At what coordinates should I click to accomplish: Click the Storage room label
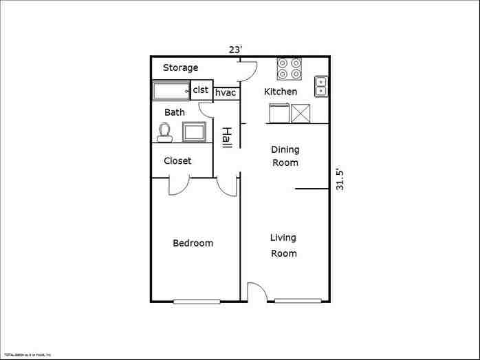point(180,67)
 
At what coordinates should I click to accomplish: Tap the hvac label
point(226,93)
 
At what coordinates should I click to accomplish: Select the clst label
point(201,90)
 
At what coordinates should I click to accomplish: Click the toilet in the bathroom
point(164,131)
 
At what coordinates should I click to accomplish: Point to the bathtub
point(171,91)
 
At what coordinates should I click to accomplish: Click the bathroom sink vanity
point(194,131)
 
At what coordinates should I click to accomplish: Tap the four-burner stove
point(290,68)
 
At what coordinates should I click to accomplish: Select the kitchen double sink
point(321,86)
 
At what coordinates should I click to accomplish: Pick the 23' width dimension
point(236,49)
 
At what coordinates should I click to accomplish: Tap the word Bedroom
point(193,243)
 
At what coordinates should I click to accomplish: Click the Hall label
point(226,136)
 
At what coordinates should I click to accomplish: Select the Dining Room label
point(285,156)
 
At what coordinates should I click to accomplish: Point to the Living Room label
point(283,246)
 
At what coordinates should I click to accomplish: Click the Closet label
point(177,161)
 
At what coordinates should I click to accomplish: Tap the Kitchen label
point(281,92)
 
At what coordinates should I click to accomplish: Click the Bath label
point(175,112)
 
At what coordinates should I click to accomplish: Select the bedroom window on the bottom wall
point(197,301)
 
